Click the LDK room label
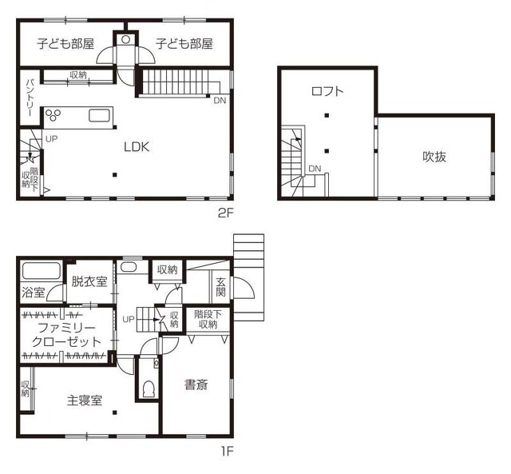137,147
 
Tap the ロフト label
327,91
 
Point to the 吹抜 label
434,157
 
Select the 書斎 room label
196,385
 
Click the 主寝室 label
85,400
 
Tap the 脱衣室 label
89,281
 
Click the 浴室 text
34,292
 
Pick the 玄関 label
220,286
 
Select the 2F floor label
226,213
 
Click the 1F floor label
227,452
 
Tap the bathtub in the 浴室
41,271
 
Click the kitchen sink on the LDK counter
99,116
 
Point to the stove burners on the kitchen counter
53,115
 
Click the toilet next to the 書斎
149,388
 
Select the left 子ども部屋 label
65,43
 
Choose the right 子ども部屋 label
184,43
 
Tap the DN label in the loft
315,169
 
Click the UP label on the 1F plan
129,319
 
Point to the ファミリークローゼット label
66,334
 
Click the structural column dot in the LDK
115,175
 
